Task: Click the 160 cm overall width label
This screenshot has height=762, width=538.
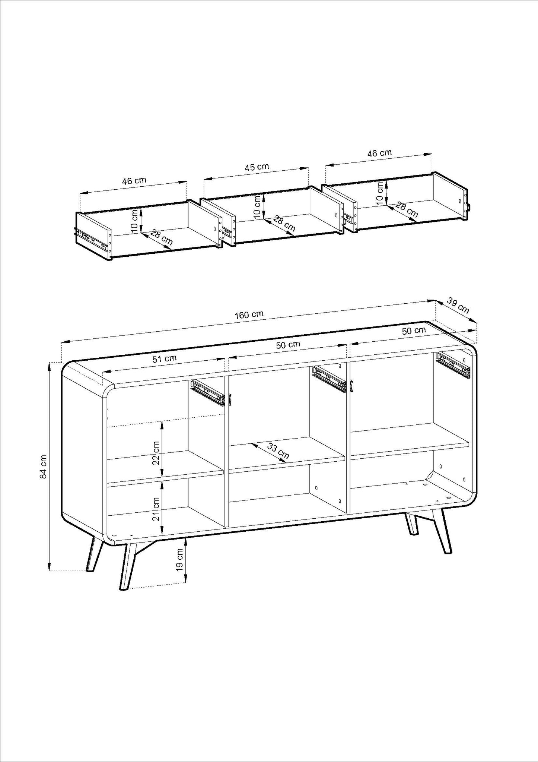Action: [249, 314]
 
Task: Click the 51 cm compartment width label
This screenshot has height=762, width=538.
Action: [165, 359]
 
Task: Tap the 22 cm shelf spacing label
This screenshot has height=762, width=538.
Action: [156, 453]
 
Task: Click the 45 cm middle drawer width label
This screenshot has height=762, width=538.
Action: [257, 167]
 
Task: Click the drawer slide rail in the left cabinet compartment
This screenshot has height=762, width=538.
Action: [208, 392]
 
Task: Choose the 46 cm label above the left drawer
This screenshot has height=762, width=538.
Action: [134, 181]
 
